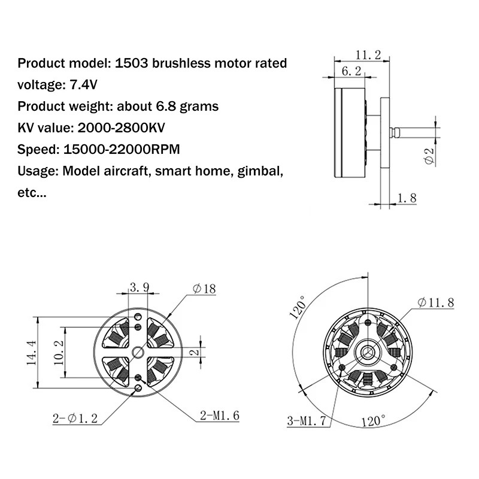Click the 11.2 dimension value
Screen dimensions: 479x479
pos(368,55)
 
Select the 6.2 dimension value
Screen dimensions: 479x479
pos(351,71)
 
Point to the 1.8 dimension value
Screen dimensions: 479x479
pos(406,198)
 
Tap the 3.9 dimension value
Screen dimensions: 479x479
pos(140,287)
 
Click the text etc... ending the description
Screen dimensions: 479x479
pos(32,193)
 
